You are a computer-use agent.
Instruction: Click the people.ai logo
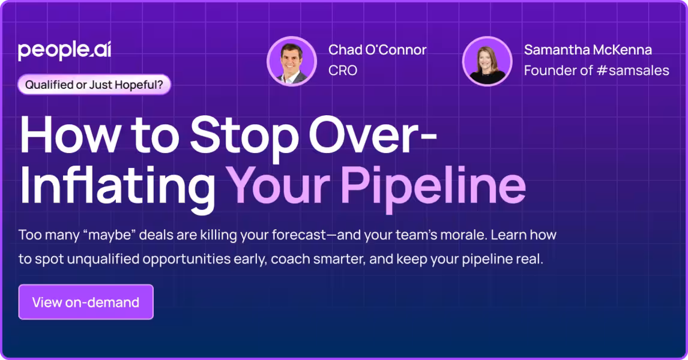click(64, 51)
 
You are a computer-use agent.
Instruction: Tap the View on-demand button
click(86, 302)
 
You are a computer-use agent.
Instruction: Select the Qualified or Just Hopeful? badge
click(94, 85)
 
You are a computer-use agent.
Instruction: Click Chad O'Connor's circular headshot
click(292, 61)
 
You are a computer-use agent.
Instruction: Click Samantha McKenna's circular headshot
click(487, 61)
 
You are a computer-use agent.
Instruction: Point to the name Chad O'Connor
click(377, 50)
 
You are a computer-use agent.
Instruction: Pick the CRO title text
click(343, 70)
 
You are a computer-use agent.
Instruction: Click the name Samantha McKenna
click(587, 50)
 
